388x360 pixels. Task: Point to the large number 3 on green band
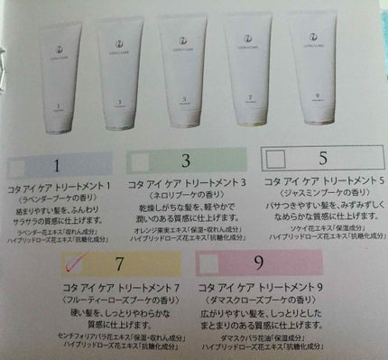click(x=184, y=163)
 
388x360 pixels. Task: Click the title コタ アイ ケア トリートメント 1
click(x=65, y=183)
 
